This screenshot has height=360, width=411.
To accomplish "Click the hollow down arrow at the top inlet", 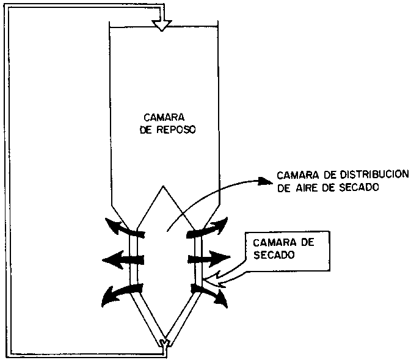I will pos(162,23).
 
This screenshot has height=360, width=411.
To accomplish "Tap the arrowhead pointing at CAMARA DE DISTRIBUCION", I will pos(264,181).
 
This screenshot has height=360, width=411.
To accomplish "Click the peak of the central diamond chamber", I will pos(162,186).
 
